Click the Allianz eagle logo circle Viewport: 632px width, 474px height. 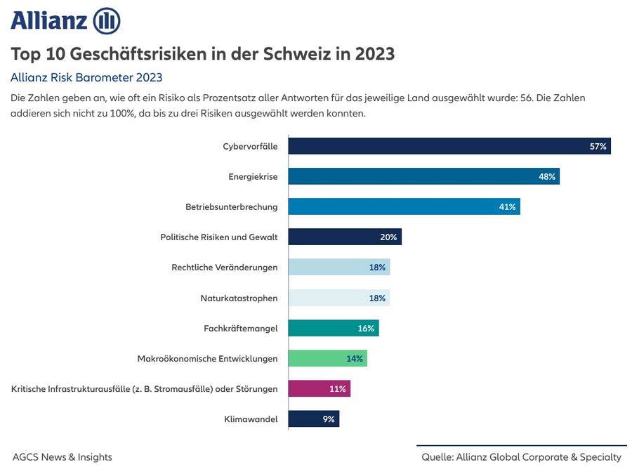(x=107, y=21)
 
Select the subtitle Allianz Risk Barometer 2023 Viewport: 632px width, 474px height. (x=86, y=77)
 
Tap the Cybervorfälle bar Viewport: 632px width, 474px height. (x=449, y=146)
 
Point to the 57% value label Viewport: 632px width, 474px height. (x=598, y=146)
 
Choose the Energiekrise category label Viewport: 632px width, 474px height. (x=253, y=176)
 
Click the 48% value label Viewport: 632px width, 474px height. (x=547, y=176)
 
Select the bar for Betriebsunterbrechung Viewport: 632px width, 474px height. (x=404, y=206)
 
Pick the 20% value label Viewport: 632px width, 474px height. (x=388, y=237)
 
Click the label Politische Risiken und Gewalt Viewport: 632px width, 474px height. (x=219, y=237)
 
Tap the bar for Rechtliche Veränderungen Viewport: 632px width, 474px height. (x=338, y=268)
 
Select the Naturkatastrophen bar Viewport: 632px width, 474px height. (x=338, y=298)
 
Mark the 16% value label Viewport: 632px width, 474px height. (x=367, y=328)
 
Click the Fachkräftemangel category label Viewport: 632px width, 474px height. (x=241, y=328)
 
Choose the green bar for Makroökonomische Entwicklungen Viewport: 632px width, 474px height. (x=327, y=358)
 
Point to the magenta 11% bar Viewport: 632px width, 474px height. (x=319, y=388)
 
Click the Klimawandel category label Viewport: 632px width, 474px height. (x=252, y=419)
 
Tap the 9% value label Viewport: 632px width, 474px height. (x=329, y=419)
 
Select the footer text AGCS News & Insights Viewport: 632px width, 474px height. (x=62, y=457)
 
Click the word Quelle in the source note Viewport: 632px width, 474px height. (x=437, y=457)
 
